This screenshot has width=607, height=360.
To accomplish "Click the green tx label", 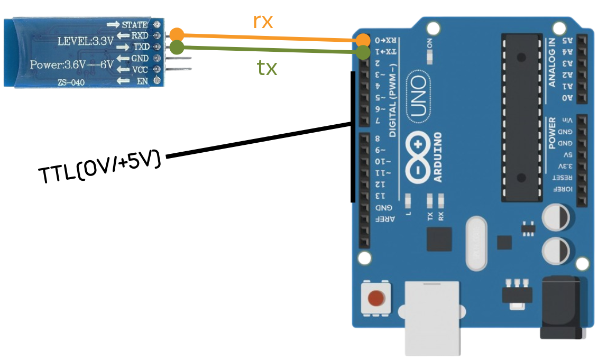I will (x=267, y=67).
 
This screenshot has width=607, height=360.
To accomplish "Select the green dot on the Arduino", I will (x=363, y=52).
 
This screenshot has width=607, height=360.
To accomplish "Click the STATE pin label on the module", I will (x=135, y=25).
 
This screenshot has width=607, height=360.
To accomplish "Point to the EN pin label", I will (x=141, y=80).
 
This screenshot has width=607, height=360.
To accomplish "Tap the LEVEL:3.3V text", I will (x=86, y=40).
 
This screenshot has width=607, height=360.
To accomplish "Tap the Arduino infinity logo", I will (x=418, y=158).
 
